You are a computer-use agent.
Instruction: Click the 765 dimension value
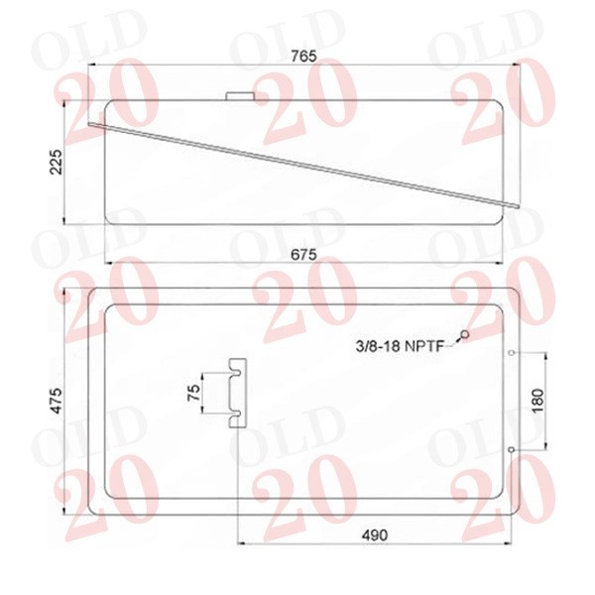(x=303, y=57)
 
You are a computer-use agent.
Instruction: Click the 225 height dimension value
(x=57, y=162)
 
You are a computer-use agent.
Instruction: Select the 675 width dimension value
(x=303, y=254)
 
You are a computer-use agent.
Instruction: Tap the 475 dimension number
(x=57, y=401)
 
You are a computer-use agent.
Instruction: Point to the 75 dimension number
(x=194, y=393)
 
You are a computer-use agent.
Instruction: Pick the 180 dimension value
(x=538, y=401)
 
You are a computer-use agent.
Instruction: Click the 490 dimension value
(x=375, y=535)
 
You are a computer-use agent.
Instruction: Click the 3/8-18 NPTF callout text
(x=400, y=346)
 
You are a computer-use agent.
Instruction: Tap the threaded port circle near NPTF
(x=465, y=334)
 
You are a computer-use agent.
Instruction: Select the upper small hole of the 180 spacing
(x=511, y=353)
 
